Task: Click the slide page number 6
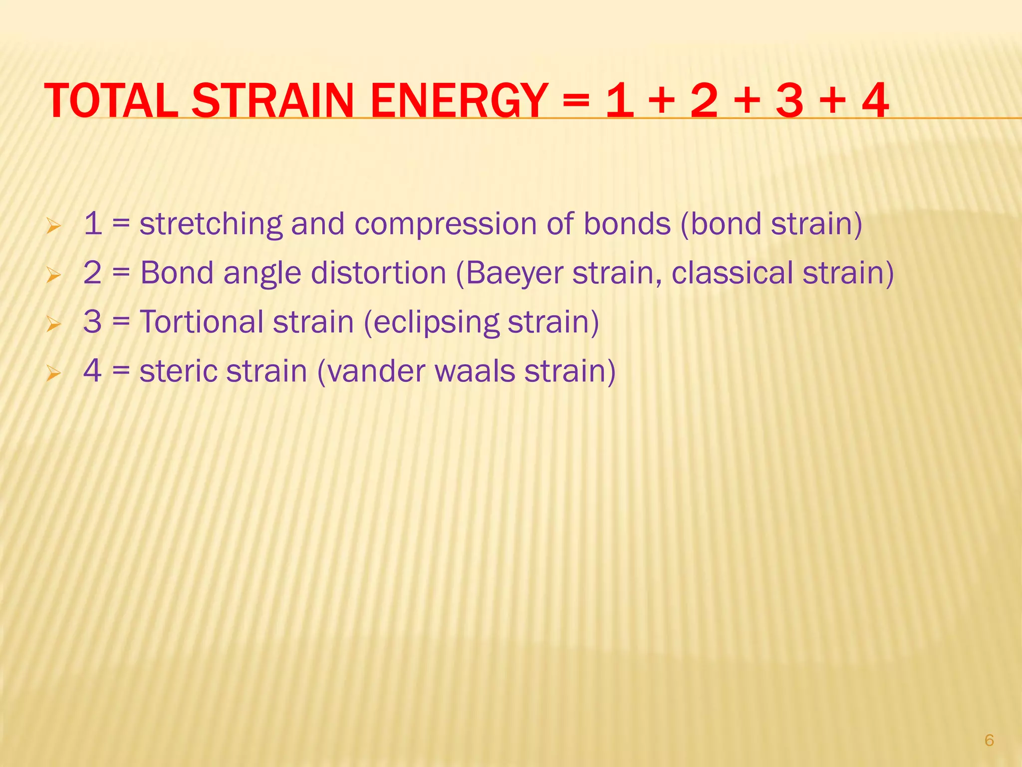[x=989, y=740]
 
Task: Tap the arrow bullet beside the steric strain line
[x=53, y=373]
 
